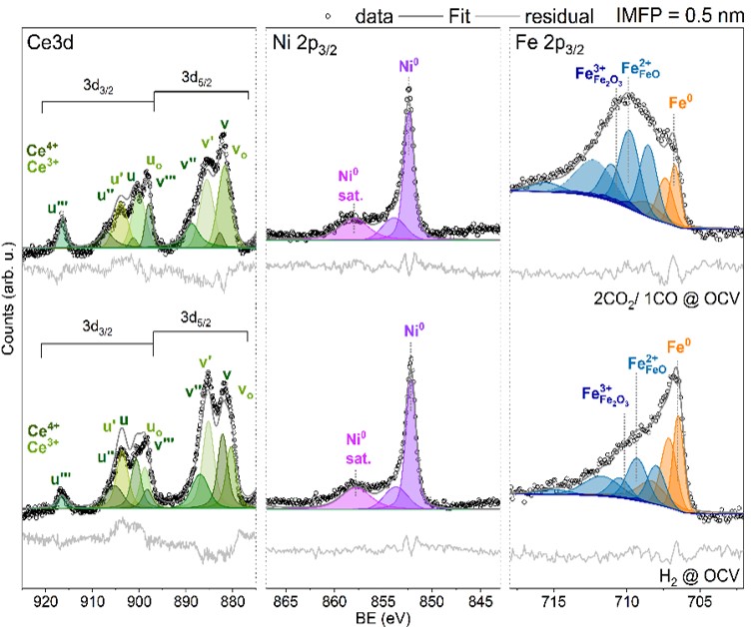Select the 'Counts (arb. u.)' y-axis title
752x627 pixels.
[10, 301]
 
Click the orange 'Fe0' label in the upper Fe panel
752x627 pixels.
[674, 100]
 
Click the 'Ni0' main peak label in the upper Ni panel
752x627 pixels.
[408, 68]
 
